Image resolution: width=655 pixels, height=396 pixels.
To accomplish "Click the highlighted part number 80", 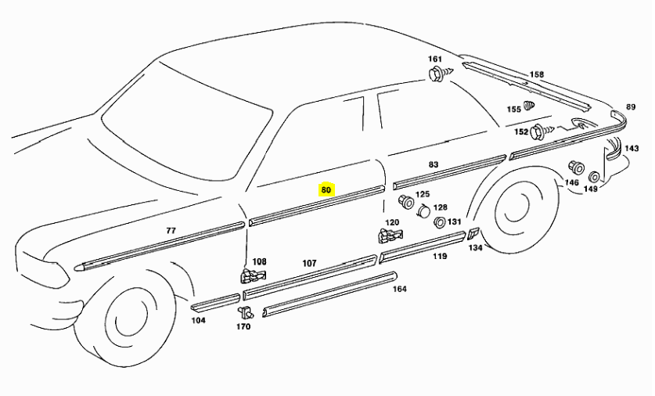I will tap(326, 189).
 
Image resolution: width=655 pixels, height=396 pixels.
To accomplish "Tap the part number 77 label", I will tap(171, 231).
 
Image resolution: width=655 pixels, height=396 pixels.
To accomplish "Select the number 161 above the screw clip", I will tap(435, 59).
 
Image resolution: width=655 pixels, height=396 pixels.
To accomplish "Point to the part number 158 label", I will tap(536, 75).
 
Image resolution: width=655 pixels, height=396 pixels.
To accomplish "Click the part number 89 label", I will tap(630, 107).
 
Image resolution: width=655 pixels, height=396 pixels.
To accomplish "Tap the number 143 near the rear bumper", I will tap(632, 148).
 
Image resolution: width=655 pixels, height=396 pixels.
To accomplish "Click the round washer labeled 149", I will tap(594, 177).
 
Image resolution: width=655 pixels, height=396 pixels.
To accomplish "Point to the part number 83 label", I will tap(434, 165).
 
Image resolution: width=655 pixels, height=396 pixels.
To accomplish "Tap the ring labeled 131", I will tap(439, 223).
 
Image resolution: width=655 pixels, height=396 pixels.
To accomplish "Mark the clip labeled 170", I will tap(244, 312).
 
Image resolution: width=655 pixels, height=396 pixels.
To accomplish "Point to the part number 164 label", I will tap(400, 289).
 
